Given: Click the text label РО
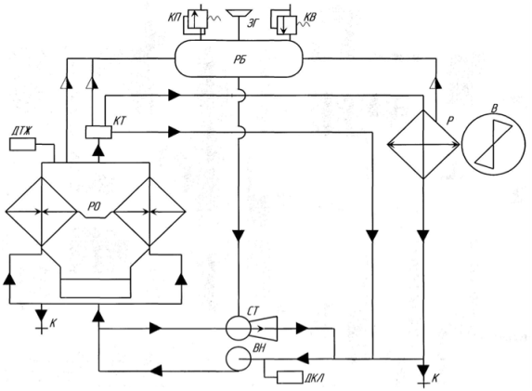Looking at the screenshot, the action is (94, 206).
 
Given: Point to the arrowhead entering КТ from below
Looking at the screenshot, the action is (98, 150).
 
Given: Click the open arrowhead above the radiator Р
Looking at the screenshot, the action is (435, 84).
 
